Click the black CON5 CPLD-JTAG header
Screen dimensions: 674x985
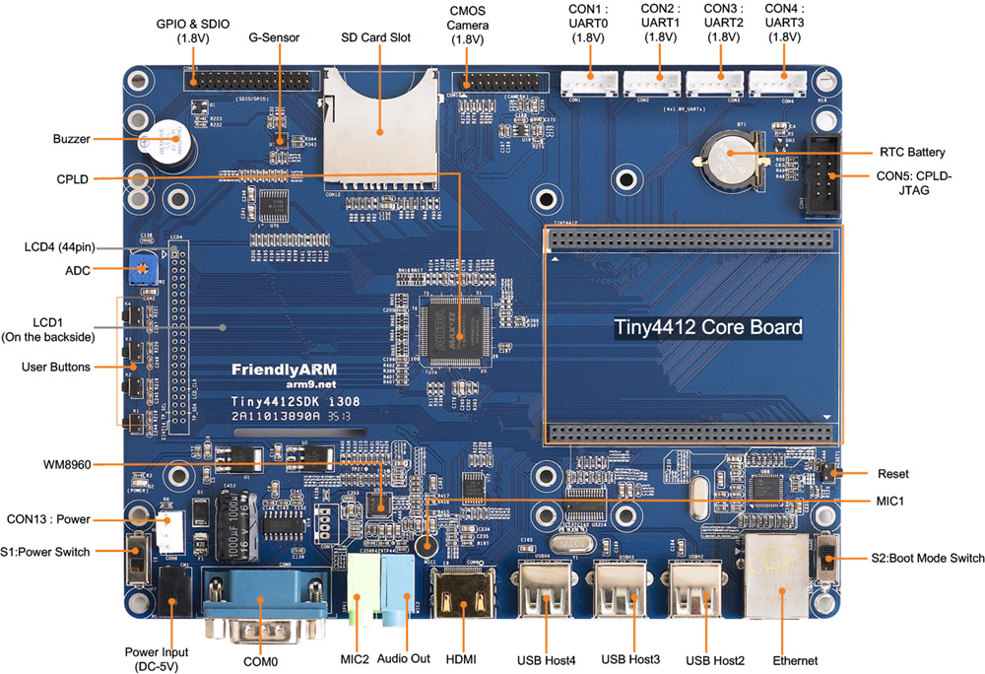coord(820,175)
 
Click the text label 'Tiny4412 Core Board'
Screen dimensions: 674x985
coord(708,327)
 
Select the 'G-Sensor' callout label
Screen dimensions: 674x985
coord(274,38)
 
